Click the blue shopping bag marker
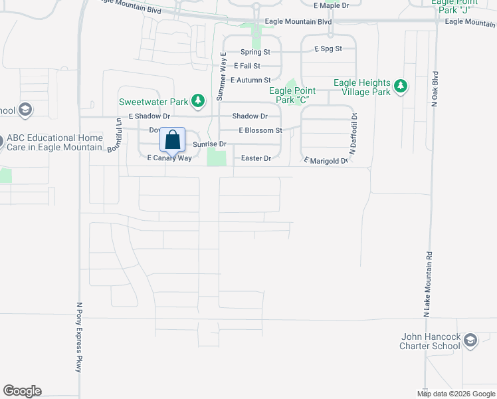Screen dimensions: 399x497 (173, 141)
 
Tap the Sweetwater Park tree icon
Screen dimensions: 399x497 (197, 102)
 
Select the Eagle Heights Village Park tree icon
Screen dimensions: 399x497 (400, 86)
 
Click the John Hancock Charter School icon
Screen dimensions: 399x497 (470, 341)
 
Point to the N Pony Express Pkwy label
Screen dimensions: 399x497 (79, 337)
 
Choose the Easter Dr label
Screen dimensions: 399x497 (256, 158)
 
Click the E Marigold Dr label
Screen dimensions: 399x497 (326, 160)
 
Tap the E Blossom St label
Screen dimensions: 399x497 (260, 130)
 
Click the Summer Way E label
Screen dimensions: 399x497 (222, 76)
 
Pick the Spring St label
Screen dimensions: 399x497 (256, 51)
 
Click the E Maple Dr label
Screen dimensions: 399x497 (331, 5)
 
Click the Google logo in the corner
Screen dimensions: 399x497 (22, 391)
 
